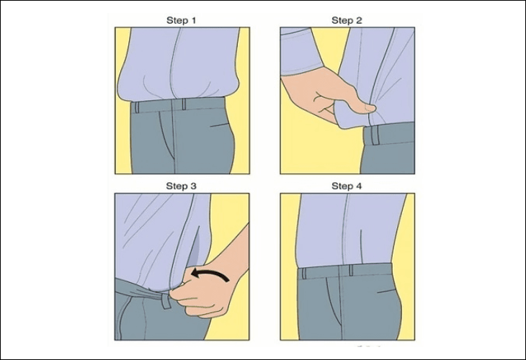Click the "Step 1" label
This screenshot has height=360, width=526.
pyautogui.click(x=182, y=20)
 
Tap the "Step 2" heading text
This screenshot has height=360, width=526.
pyautogui.click(x=347, y=20)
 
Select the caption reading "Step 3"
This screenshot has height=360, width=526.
pyautogui.click(x=182, y=186)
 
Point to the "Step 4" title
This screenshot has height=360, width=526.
pyautogui.click(x=347, y=186)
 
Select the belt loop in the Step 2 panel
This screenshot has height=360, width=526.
pyautogui.click(x=369, y=135)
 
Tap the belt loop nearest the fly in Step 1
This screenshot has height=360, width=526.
pyautogui.click(x=183, y=104)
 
